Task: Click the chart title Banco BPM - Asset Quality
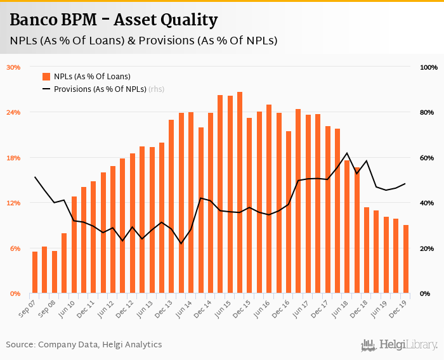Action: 114,20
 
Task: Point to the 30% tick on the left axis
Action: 13,67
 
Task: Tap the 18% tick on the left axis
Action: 13,158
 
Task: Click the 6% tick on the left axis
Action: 15,248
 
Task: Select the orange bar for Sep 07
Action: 35,273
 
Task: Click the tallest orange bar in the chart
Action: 240,193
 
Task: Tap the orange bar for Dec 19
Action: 406,259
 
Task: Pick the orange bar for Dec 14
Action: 211,203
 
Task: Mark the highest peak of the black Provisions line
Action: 347,153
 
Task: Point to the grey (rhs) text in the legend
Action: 156,89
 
